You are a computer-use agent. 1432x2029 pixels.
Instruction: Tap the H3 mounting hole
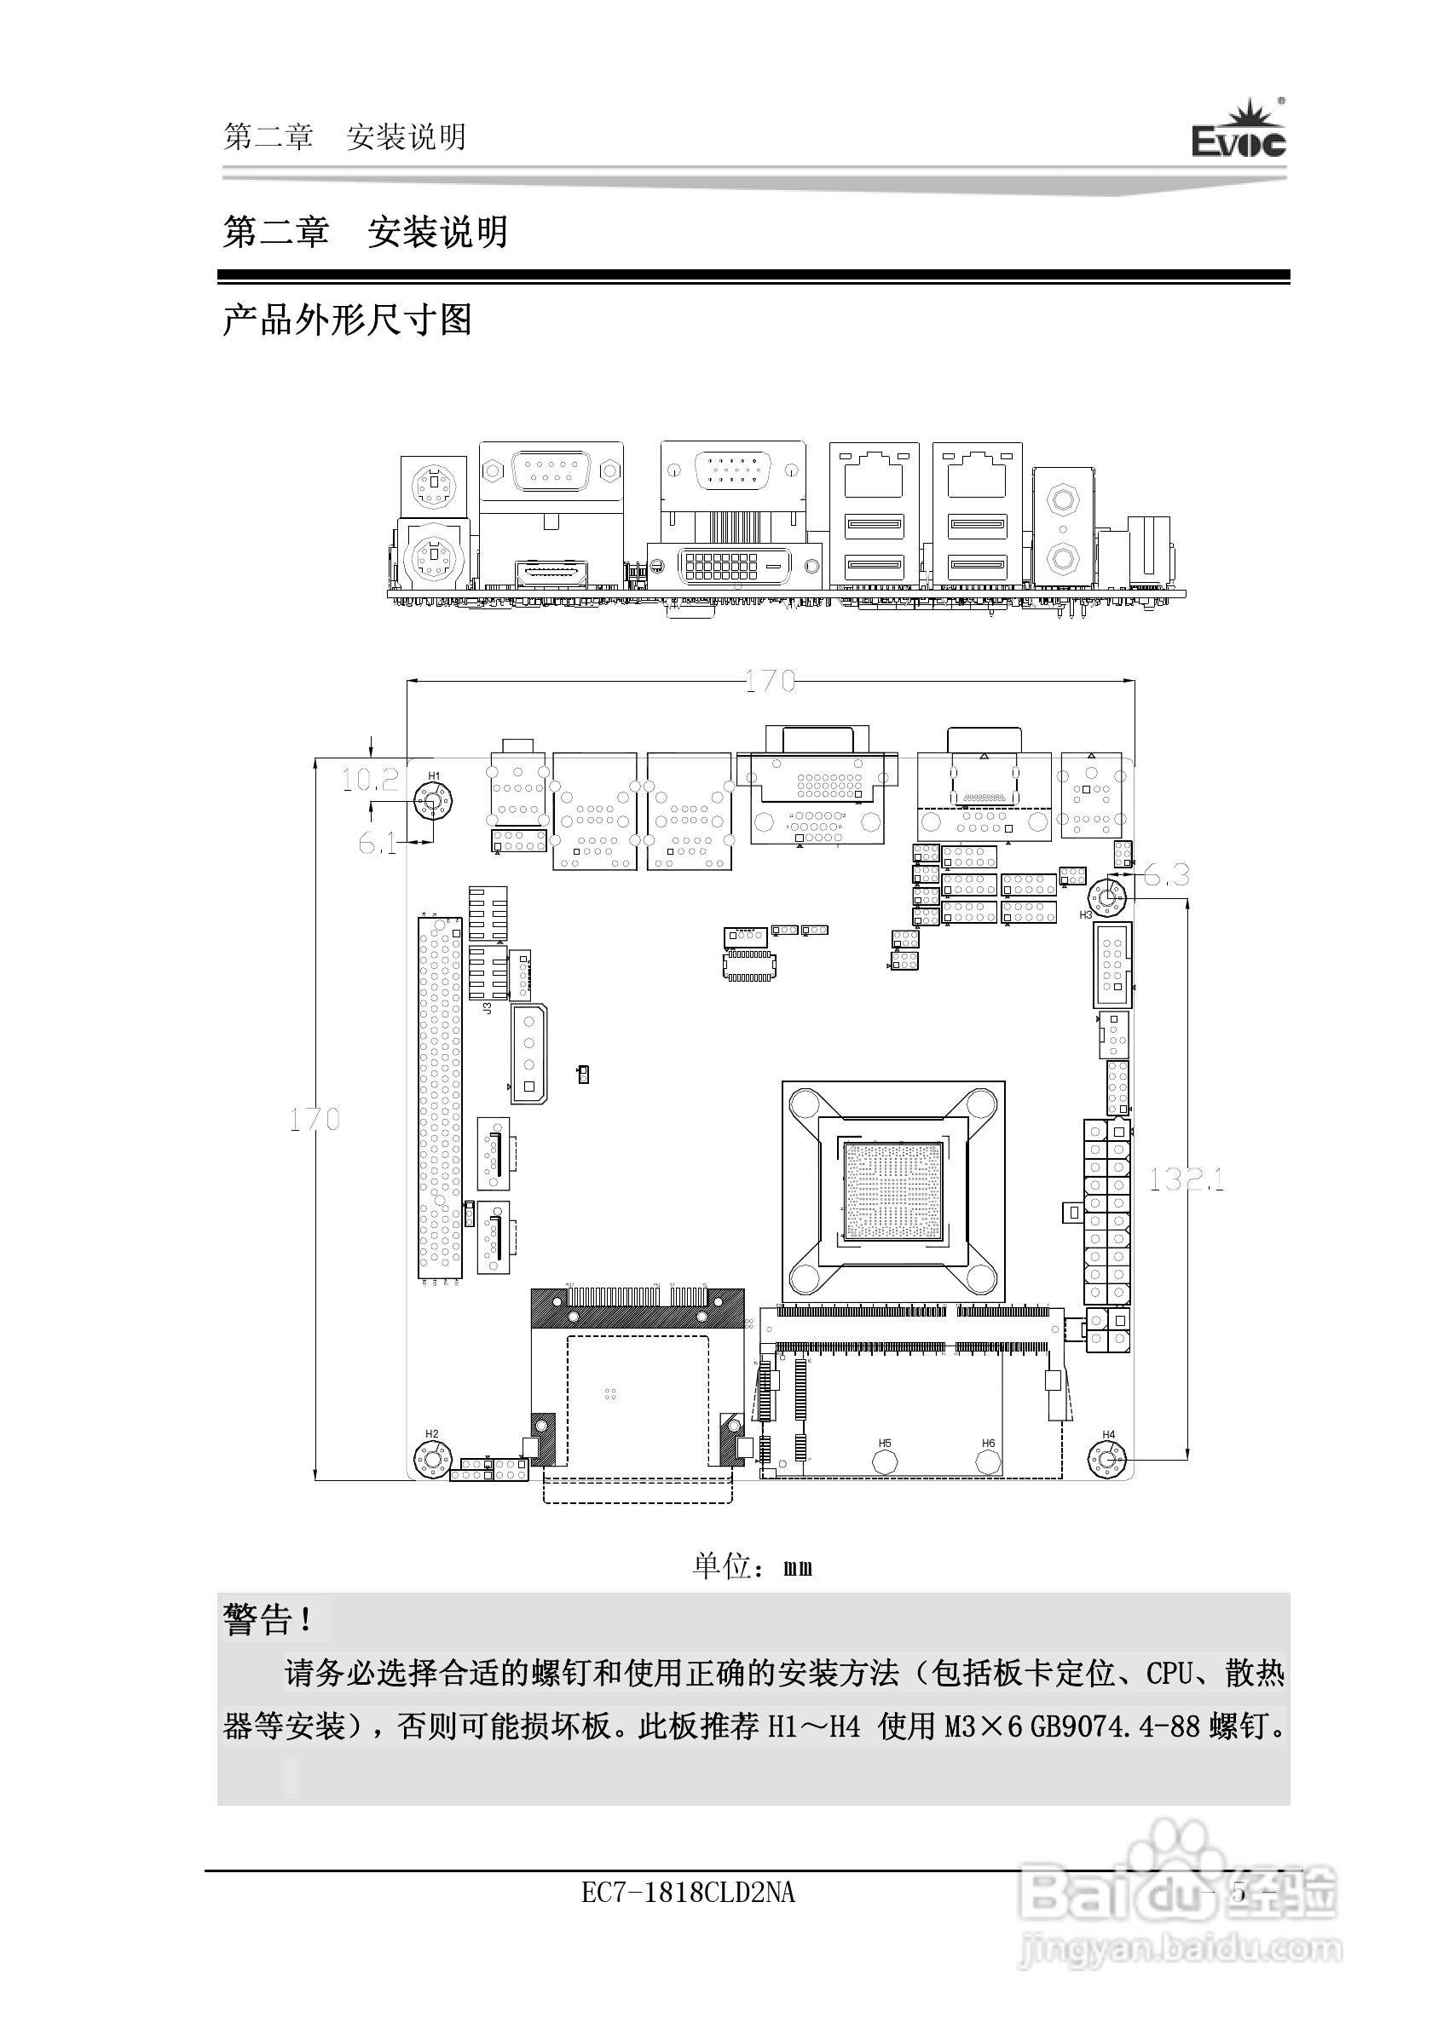[x=1107, y=898]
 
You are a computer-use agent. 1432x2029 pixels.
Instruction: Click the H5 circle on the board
[x=885, y=1461]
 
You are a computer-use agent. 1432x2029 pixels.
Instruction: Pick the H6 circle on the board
[x=988, y=1461]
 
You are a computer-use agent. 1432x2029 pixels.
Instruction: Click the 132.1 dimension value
[x=1187, y=1179]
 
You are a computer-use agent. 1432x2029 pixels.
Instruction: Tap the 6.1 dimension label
[x=378, y=843]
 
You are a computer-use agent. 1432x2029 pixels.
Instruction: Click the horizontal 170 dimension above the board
[x=770, y=681]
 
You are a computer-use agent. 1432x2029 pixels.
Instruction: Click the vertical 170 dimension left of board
[x=315, y=1120]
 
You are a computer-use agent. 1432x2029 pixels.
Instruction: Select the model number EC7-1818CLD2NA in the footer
[x=688, y=1893]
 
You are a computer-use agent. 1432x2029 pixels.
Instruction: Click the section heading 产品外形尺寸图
[x=348, y=319]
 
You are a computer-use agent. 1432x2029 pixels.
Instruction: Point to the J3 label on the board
[x=487, y=1006]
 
